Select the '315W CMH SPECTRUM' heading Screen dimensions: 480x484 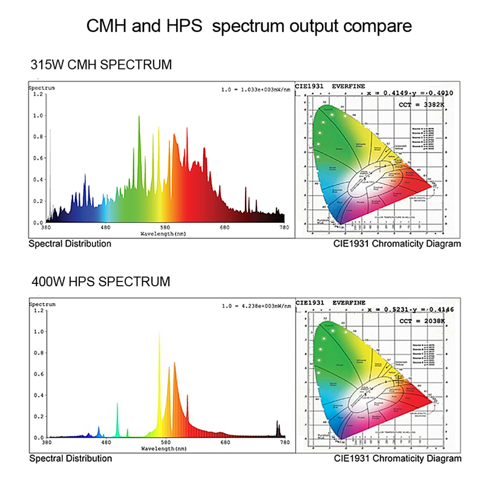pos(100,64)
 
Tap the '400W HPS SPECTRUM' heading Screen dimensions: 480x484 pos(100,281)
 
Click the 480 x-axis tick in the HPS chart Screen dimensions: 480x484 pos(105,443)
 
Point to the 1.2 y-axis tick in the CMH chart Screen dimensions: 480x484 pos(38,94)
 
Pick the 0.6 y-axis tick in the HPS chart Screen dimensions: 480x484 pos(38,374)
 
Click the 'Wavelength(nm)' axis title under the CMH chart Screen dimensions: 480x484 pos(164,233)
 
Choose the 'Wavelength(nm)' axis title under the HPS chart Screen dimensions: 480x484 pos(164,449)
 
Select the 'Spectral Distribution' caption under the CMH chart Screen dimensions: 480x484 pos(70,244)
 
